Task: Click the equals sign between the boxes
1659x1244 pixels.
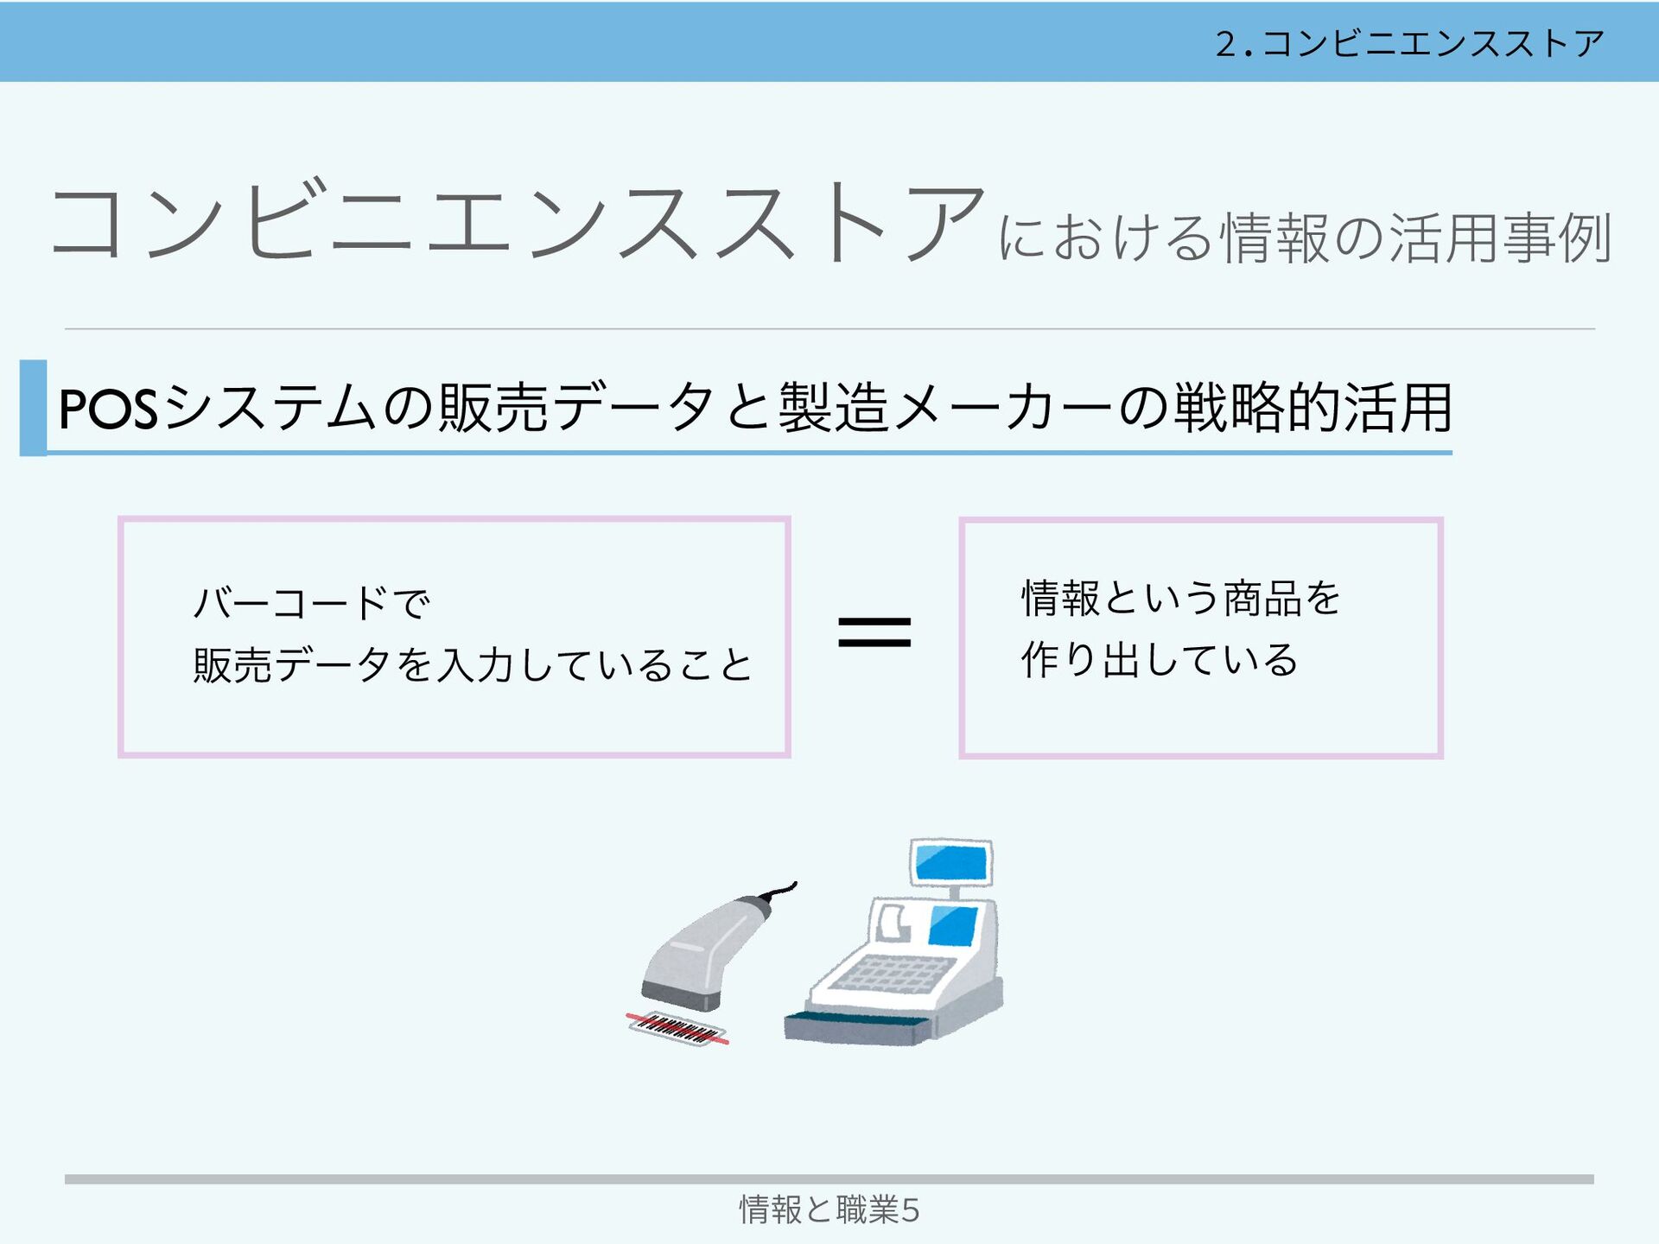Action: tap(874, 632)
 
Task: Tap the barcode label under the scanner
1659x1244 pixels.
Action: tap(677, 1028)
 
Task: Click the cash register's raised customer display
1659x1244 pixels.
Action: tap(950, 861)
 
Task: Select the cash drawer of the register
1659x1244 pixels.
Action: tap(855, 1027)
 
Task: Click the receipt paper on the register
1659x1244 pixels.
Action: tap(893, 923)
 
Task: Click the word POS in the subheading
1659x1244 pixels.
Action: tap(108, 409)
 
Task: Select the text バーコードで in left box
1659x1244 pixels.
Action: tap(311, 602)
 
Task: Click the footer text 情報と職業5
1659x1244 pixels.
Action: tap(829, 1209)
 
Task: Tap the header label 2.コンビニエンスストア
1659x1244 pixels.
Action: tap(1409, 43)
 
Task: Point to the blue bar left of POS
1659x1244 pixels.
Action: tap(33, 408)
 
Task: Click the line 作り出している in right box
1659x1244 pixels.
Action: tap(1159, 660)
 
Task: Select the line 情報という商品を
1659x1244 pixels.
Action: tap(1180, 598)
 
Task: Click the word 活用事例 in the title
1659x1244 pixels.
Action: tap(1500, 238)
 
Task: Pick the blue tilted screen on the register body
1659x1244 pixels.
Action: tap(953, 925)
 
